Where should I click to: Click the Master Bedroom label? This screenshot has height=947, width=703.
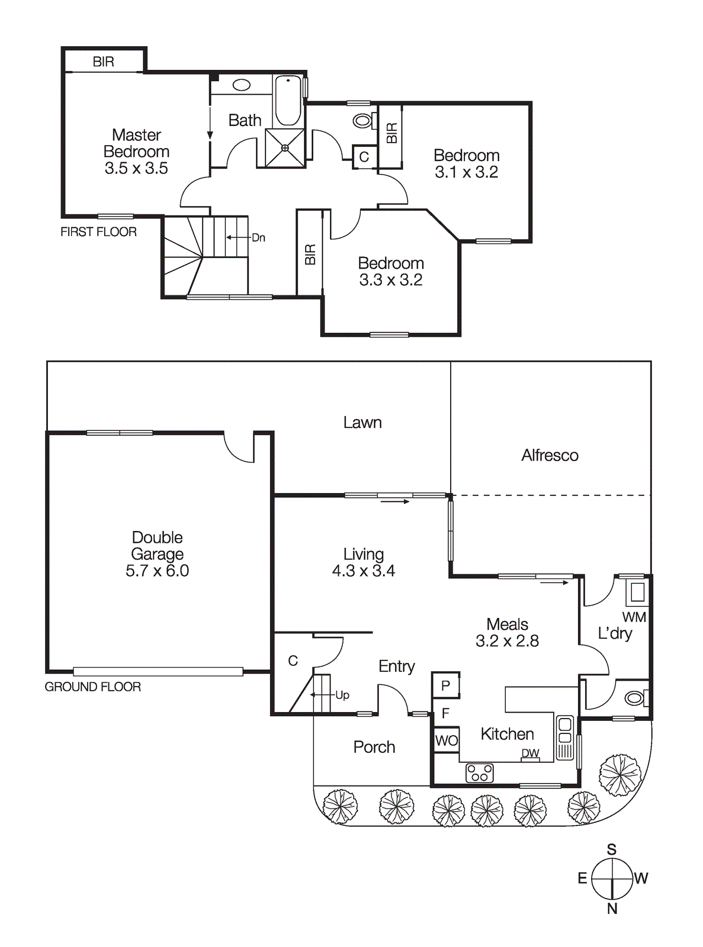pos(136,143)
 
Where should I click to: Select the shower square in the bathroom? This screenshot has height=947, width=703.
pos(285,148)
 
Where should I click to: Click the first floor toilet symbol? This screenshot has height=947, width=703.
pos(362,121)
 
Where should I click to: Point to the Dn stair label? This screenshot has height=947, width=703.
pos(258,238)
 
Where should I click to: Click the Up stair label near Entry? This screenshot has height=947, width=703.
pos(342,695)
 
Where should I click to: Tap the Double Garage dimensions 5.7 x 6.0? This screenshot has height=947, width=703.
pos(157,571)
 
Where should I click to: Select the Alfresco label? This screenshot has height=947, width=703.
pos(550,455)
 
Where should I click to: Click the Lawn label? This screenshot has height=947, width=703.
pos(362,423)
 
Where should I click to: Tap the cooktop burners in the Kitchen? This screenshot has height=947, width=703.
pos(479,772)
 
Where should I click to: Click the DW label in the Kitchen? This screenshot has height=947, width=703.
pos(530,753)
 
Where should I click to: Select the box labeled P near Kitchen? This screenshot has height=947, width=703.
pos(446,685)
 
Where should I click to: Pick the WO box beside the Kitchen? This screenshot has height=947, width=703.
pos(446,740)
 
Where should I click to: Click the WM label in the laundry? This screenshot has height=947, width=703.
pos(634,617)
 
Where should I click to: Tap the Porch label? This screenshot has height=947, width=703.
pos(374,747)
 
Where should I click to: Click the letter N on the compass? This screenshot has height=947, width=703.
pos(612,909)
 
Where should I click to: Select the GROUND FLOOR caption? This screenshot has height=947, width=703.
pos(93,687)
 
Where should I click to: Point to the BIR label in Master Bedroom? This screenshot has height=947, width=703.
pos(103,62)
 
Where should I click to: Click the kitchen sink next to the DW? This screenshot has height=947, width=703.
pos(565,736)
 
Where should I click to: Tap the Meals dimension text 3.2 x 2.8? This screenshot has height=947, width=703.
pos(507,641)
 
